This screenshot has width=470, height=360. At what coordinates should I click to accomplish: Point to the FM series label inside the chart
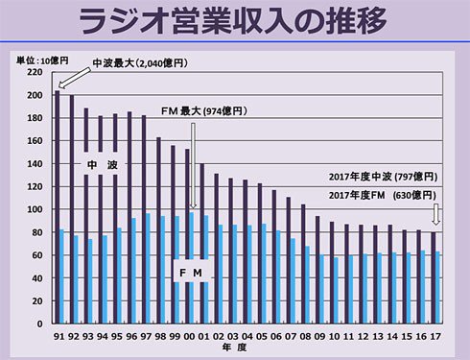pyautogui.click(x=192, y=273)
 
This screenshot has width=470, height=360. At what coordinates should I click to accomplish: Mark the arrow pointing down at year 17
pyautogui.click(x=437, y=213)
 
